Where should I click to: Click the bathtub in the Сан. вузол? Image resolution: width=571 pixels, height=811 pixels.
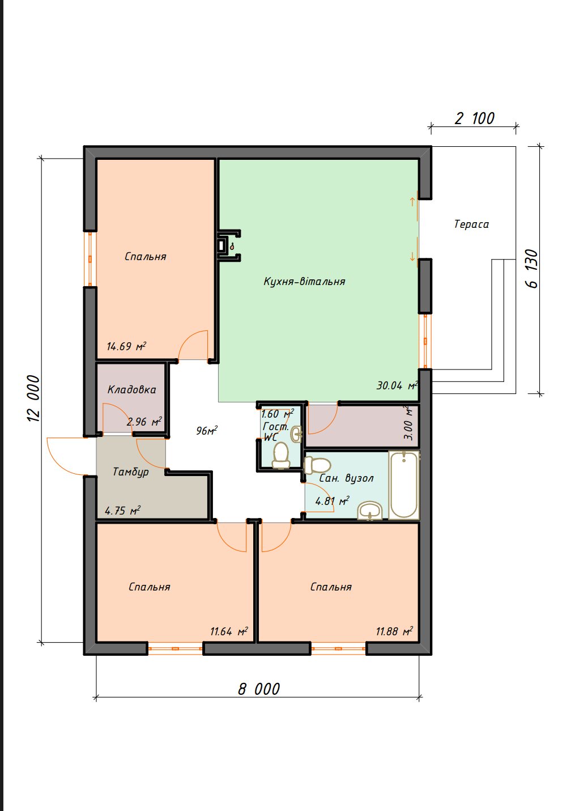(x=404, y=485)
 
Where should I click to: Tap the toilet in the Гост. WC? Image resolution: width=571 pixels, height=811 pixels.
(x=281, y=456)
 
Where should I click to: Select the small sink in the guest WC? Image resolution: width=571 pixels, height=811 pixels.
(x=297, y=434)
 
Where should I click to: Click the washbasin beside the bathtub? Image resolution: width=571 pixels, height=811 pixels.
(x=370, y=511)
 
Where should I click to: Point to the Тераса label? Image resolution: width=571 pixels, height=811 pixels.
(x=471, y=224)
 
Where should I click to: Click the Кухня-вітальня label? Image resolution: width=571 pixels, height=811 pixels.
(x=304, y=281)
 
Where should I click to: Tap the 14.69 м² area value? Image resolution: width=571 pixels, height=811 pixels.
(x=126, y=346)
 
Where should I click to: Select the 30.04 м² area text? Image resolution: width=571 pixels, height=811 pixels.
(x=397, y=385)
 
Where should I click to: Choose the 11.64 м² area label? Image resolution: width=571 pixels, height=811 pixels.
(x=229, y=631)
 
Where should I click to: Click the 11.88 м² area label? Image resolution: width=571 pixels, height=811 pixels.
(x=394, y=631)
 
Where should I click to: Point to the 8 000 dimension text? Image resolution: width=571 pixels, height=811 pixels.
(x=259, y=689)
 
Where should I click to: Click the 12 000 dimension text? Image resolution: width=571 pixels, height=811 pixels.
(x=33, y=398)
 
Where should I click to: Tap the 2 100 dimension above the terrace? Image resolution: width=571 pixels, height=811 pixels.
(x=474, y=118)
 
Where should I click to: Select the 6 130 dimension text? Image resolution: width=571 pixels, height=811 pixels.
(x=532, y=269)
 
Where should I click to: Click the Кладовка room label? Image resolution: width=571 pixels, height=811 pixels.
(x=132, y=389)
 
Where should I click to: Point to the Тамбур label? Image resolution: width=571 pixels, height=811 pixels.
(x=131, y=472)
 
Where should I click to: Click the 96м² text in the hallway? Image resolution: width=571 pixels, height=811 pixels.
(x=207, y=431)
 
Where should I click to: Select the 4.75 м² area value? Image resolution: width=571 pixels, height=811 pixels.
(x=123, y=511)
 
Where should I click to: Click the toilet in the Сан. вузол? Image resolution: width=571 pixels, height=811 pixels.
(x=317, y=465)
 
